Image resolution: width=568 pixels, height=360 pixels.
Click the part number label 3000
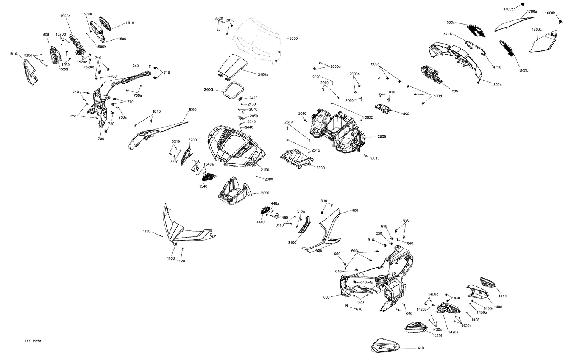(x=293, y=39)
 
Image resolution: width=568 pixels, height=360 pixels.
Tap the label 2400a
(x=263, y=75)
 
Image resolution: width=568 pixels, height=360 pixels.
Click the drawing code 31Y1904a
(x=33, y=340)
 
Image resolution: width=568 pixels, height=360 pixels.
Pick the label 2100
(x=265, y=170)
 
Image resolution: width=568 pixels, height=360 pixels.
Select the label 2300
(x=320, y=168)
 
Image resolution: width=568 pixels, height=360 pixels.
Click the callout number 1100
(x=171, y=258)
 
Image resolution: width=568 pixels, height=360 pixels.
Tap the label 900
(x=355, y=211)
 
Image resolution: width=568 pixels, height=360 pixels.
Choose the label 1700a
(x=532, y=11)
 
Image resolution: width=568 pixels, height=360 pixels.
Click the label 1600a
(x=537, y=30)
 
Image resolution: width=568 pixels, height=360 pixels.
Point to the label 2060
(x=265, y=193)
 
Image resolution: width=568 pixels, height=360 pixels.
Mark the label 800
(x=406, y=114)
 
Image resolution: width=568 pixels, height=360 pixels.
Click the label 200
(x=455, y=91)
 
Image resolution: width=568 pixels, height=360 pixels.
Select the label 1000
(x=192, y=110)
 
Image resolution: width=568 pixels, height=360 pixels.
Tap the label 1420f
(x=437, y=335)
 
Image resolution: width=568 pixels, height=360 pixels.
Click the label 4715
(x=448, y=34)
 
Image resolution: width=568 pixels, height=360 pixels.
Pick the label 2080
(x=269, y=179)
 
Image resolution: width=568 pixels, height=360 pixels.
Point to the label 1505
(x=45, y=35)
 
